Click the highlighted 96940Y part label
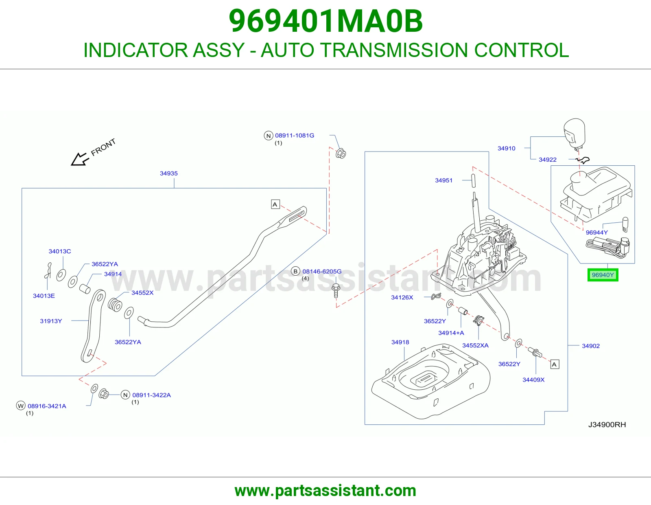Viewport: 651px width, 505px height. tap(603, 275)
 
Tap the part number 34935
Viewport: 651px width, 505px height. tap(169, 173)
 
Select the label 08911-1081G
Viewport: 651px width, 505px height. tap(295, 136)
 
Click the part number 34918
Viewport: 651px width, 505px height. tap(400, 342)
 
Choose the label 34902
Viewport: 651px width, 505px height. tap(591, 346)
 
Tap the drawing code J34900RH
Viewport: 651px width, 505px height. tap(607, 424)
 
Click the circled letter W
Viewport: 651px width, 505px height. tap(20, 406)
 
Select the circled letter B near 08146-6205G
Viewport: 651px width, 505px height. tap(295, 271)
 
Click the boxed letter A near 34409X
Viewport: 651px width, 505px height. tap(555, 364)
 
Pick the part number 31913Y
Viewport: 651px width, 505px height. tap(51, 321)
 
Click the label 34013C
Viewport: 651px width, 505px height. tap(60, 251)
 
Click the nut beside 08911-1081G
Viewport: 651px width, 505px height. tap(341, 154)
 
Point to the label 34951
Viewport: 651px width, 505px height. tap(443, 180)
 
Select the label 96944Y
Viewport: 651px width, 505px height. tap(597, 233)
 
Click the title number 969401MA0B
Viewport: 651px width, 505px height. tap(325, 21)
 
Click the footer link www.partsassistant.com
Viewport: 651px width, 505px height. tap(325, 491)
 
